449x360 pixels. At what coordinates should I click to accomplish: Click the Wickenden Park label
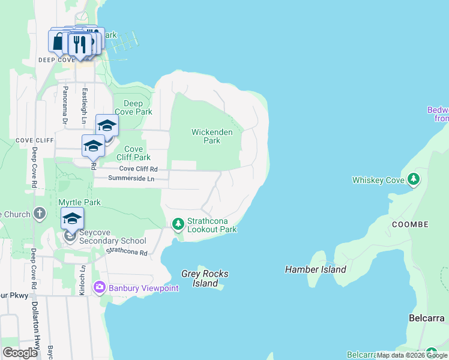[206, 136]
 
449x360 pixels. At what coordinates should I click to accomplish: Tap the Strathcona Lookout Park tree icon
[178, 224]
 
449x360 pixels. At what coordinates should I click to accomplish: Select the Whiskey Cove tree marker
[413, 179]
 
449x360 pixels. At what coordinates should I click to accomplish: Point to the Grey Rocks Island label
[205, 278]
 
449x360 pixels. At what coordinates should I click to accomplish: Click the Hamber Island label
[316, 269]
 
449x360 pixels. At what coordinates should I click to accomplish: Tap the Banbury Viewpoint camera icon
[100, 288]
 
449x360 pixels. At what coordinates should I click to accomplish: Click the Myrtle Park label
[79, 203]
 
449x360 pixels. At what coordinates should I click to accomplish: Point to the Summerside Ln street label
[131, 179]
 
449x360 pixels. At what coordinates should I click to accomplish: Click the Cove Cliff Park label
[133, 153]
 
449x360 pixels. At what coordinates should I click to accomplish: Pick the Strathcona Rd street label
[127, 253]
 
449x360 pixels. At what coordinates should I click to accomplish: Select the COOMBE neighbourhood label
[410, 224]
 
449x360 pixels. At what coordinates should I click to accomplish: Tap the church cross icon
[40, 213]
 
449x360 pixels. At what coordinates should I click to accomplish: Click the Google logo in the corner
[20, 352]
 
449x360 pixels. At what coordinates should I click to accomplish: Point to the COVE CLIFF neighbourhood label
[32, 140]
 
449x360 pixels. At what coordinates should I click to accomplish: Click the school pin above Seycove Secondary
[72, 218]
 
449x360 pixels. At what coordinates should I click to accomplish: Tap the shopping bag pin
[58, 42]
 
